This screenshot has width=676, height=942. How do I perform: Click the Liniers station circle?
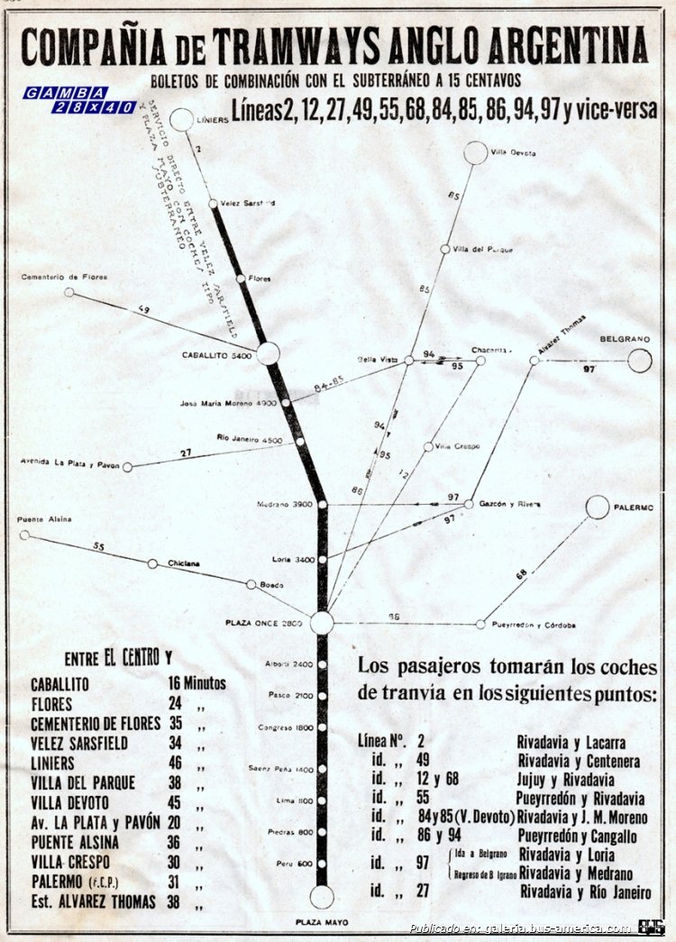coord(182,119)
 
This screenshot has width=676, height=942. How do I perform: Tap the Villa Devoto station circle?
coord(476,152)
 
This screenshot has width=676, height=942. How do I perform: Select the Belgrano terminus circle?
coord(640,361)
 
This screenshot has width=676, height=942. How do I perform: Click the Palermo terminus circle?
coord(598,508)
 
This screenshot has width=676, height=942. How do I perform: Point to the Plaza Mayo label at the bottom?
coord(322,922)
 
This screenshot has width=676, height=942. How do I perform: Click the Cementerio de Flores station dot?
coord(69,292)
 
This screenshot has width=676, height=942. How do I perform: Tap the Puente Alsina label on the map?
coord(44,520)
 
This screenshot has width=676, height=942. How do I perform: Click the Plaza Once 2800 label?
coord(266,623)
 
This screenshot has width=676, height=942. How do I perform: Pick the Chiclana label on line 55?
coord(183,564)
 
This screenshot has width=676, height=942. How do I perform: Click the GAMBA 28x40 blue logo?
coord(79,99)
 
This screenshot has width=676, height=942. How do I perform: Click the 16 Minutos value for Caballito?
coord(196,683)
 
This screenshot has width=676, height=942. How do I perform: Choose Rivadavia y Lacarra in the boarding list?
coord(571,743)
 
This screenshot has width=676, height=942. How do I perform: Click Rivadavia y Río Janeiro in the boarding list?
coord(585,892)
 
